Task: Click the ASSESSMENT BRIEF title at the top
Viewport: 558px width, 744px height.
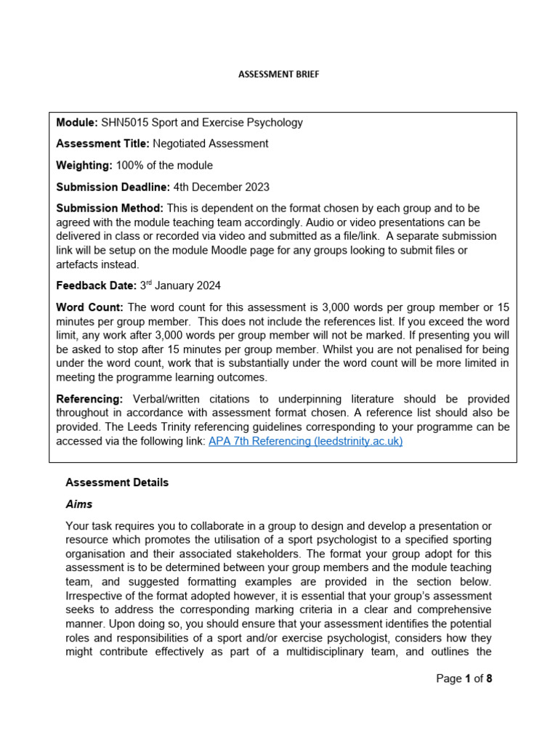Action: click(x=279, y=74)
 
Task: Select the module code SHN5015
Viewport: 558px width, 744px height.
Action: click(x=124, y=122)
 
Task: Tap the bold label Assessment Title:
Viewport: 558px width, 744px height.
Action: click(x=102, y=144)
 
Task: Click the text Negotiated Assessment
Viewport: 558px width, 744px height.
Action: click(x=210, y=144)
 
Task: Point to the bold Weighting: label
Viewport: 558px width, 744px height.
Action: click(x=84, y=166)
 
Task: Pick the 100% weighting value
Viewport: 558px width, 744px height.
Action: click(x=127, y=166)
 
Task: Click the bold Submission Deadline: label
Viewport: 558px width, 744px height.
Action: click(x=113, y=187)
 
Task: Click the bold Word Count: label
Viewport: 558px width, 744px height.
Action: click(x=90, y=307)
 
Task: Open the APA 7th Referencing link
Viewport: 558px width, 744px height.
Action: click(x=305, y=441)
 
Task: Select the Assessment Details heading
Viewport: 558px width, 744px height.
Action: click(x=117, y=482)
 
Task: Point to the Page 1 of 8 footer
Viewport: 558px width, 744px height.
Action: click(x=464, y=679)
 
